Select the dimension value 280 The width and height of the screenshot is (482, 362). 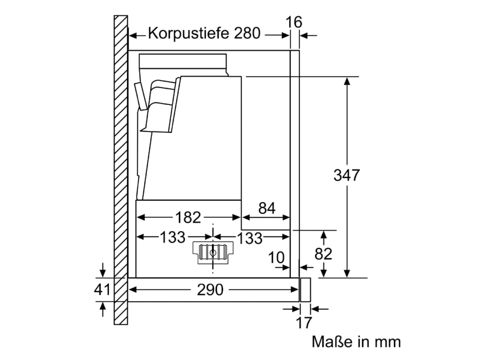pos(248,33)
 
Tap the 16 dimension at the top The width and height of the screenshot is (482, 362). pos(294,22)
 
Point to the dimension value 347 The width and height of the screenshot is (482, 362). pos(346,175)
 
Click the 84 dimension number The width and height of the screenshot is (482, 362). pos(267,208)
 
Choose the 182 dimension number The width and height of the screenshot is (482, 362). pos(188,218)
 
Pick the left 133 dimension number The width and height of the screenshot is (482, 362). pos(172,237)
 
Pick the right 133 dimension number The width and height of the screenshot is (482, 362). pos(249,238)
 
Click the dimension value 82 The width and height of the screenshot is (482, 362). pos(324,254)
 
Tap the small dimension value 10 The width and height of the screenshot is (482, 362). pos(277,257)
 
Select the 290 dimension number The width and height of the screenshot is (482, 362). pos(210,290)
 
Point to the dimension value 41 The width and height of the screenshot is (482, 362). pos(102,290)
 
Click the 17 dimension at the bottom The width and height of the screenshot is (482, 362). pos(304,323)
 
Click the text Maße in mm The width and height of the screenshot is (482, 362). pos(356,341)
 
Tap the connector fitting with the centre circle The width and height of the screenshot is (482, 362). pos(213,253)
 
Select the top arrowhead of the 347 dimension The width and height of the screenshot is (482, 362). pos(347,81)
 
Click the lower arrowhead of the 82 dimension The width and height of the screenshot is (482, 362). pos(324,273)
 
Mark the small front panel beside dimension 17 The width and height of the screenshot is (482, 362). pos(305,290)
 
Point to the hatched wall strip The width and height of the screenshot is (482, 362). pos(121,170)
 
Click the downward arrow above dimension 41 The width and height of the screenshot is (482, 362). pos(103,270)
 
